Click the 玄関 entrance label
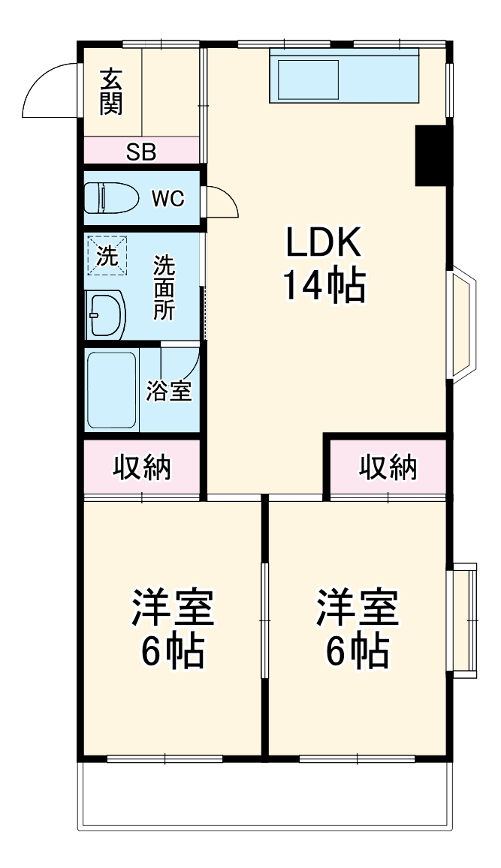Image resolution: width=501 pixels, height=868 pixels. point(110,92)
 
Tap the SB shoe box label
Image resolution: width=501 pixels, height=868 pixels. point(140,152)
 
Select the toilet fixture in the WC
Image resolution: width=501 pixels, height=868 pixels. point(110,199)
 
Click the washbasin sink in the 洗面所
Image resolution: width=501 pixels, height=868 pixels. point(104,315)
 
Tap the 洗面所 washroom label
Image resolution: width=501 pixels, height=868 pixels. point(164,288)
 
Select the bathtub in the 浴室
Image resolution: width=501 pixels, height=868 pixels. point(112,389)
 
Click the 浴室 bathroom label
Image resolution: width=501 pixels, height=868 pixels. point(169,391)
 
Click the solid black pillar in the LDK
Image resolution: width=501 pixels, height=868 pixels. point(432,155)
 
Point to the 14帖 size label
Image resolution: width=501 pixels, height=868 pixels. point(324,285)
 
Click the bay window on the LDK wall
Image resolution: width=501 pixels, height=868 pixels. point(462,323)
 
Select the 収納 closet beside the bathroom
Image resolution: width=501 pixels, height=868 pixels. point(142,467)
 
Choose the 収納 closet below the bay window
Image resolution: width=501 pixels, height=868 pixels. point(387,467)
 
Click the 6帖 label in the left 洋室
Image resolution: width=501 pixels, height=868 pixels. point(173,651)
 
